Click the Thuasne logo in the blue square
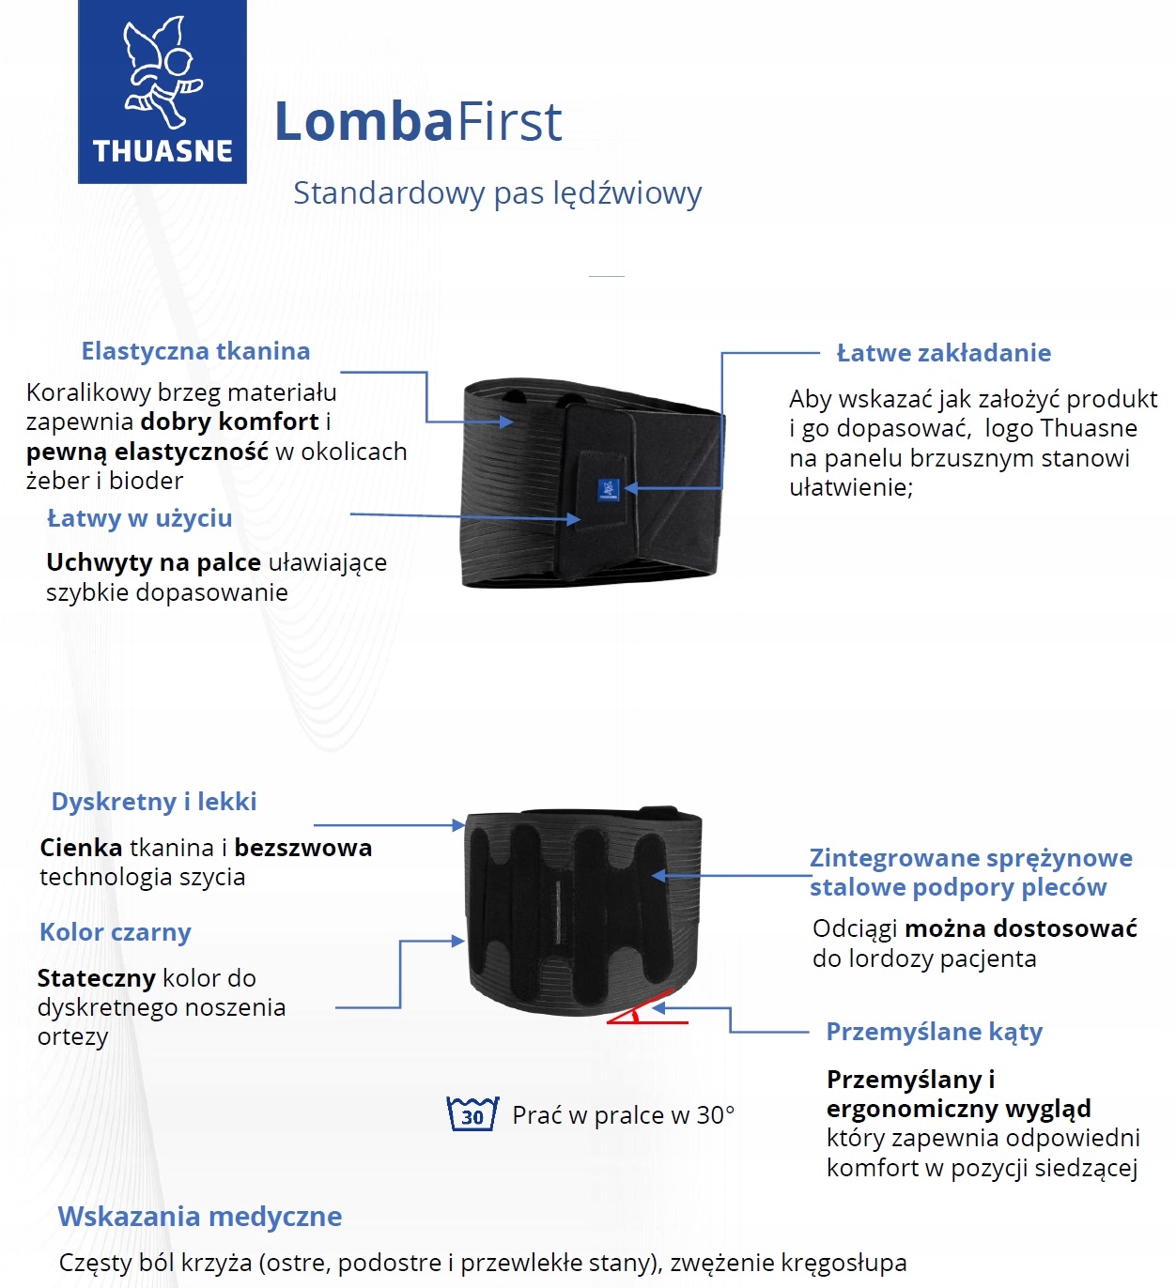(x=162, y=91)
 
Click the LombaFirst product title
(x=418, y=122)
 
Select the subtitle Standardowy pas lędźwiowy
(x=497, y=193)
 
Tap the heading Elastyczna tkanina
(x=195, y=351)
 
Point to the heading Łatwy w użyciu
(x=139, y=518)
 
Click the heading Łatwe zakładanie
(x=943, y=353)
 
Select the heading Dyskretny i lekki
(x=154, y=802)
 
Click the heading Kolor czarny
(x=116, y=932)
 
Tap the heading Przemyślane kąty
(x=934, y=1032)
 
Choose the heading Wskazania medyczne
(x=199, y=1217)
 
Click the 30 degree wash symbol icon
(x=472, y=1114)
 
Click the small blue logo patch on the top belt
(x=608, y=489)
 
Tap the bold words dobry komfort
(x=229, y=422)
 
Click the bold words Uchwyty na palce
(x=153, y=562)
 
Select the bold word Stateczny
(x=96, y=978)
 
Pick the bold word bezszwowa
(x=302, y=848)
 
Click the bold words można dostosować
(x=1020, y=928)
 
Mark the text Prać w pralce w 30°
(x=623, y=1115)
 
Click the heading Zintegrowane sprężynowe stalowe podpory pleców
(x=970, y=872)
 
